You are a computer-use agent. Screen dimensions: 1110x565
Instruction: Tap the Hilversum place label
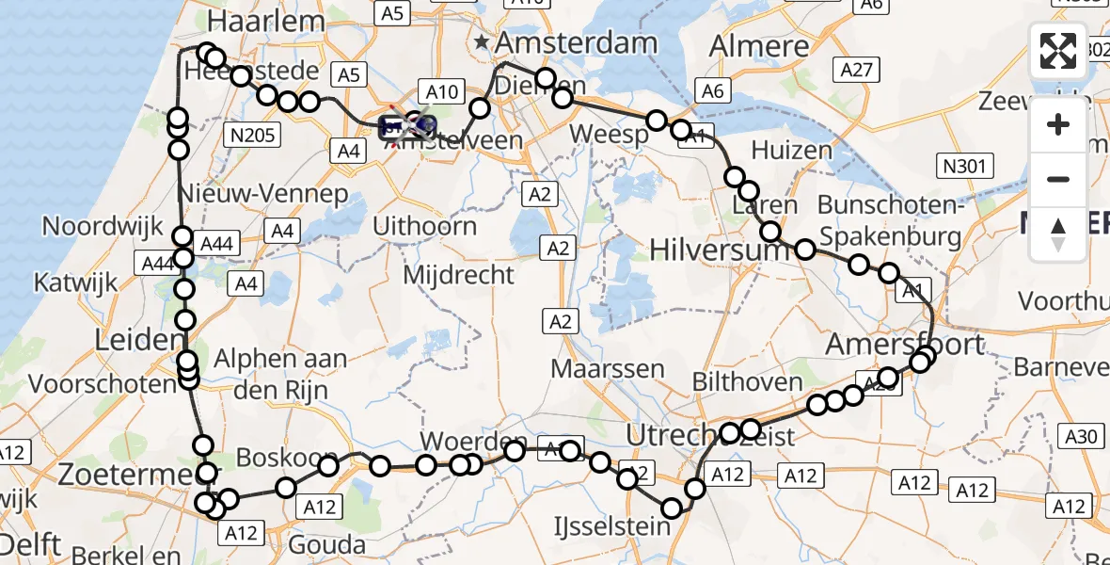(x=708, y=250)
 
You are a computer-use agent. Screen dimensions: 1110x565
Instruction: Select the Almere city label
(x=759, y=45)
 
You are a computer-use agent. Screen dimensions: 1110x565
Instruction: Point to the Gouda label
(x=327, y=544)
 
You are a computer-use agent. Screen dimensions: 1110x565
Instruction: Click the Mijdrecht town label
(x=458, y=274)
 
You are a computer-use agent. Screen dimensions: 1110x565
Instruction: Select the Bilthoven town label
(x=747, y=381)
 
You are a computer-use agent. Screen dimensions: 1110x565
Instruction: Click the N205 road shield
(x=252, y=136)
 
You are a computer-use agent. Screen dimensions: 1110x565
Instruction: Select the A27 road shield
(x=858, y=70)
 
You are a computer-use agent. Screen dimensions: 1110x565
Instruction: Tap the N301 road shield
(x=965, y=168)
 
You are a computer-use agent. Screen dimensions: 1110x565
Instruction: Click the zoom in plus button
(x=1058, y=124)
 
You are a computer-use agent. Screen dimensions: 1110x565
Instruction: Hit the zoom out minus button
(x=1058, y=179)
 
